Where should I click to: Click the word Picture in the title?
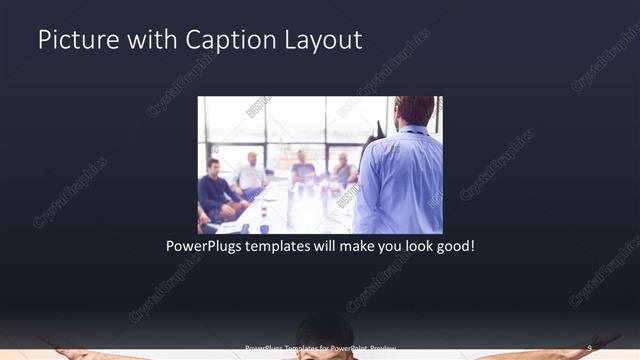tap(74, 40)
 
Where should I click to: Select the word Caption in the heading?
tap(221, 40)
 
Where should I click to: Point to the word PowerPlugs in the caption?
tap(205, 245)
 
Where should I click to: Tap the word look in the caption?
tap(411, 245)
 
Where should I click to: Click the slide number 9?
tap(590, 348)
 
